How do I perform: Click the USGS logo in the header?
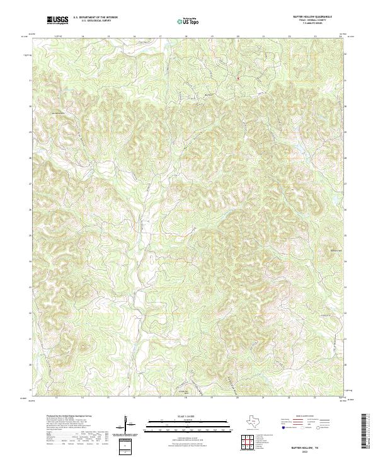[57, 20]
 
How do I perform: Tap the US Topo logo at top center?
[187, 21]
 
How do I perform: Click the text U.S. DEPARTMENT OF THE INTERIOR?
[95, 18]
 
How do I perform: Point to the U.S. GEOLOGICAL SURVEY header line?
[95, 21]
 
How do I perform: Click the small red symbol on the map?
[238, 78]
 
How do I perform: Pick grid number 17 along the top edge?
[161, 37]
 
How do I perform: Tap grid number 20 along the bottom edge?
[237, 398]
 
